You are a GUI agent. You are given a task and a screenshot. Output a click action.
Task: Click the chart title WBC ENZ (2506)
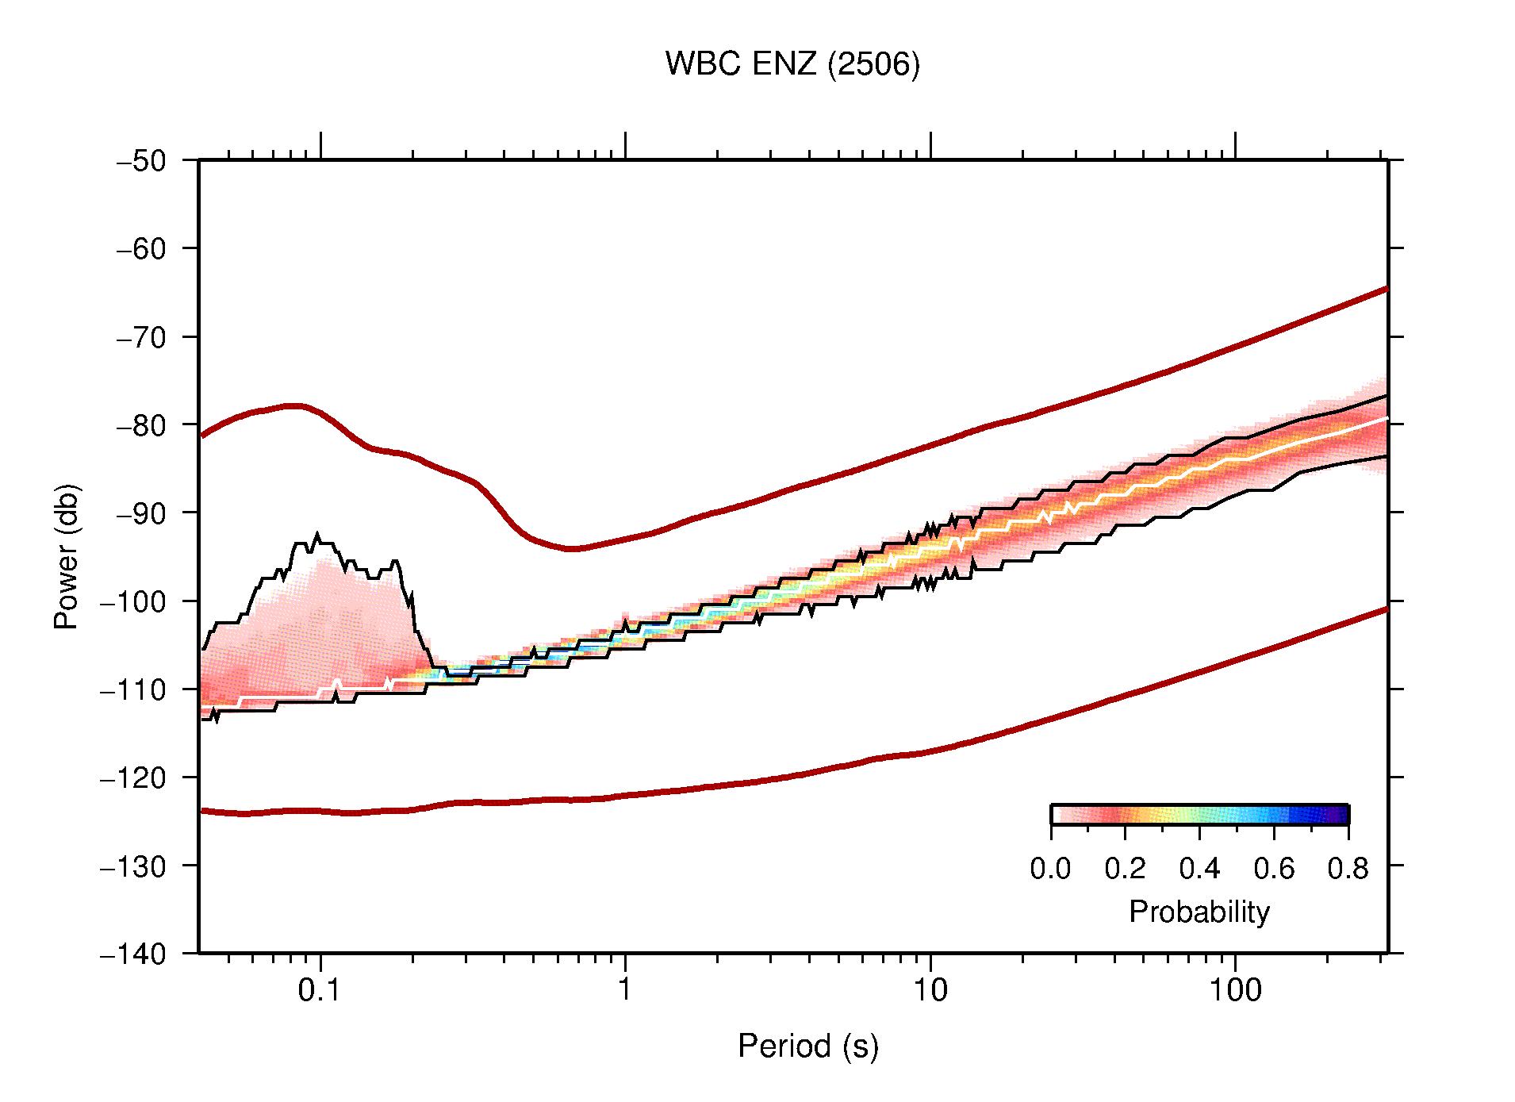(x=792, y=64)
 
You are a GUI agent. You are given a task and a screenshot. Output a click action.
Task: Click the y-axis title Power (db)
(x=67, y=556)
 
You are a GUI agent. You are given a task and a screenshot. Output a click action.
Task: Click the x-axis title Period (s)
(x=807, y=1046)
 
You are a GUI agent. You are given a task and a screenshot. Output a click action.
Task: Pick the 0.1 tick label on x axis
(x=319, y=990)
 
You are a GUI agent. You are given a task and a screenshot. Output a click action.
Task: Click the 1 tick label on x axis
(x=625, y=990)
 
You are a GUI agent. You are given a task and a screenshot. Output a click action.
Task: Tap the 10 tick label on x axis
(x=930, y=990)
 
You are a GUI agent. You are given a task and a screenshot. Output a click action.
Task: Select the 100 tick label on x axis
(x=1234, y=990)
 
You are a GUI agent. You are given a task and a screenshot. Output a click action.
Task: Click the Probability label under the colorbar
(x=1199, y=912)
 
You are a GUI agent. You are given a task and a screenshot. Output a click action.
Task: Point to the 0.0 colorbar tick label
(x=1050, y=869)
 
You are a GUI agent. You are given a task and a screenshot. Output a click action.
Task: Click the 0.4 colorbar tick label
(x=1199, y=869)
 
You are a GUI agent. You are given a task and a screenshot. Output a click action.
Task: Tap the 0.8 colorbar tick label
(x=1348, y=869)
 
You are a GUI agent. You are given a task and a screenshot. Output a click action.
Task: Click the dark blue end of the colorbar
(x=1340, y=815)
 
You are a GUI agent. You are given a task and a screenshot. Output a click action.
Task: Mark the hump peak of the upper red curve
(x=293, y=405)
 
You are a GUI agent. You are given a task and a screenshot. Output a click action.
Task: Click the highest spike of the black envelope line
(x=317, y=536)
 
